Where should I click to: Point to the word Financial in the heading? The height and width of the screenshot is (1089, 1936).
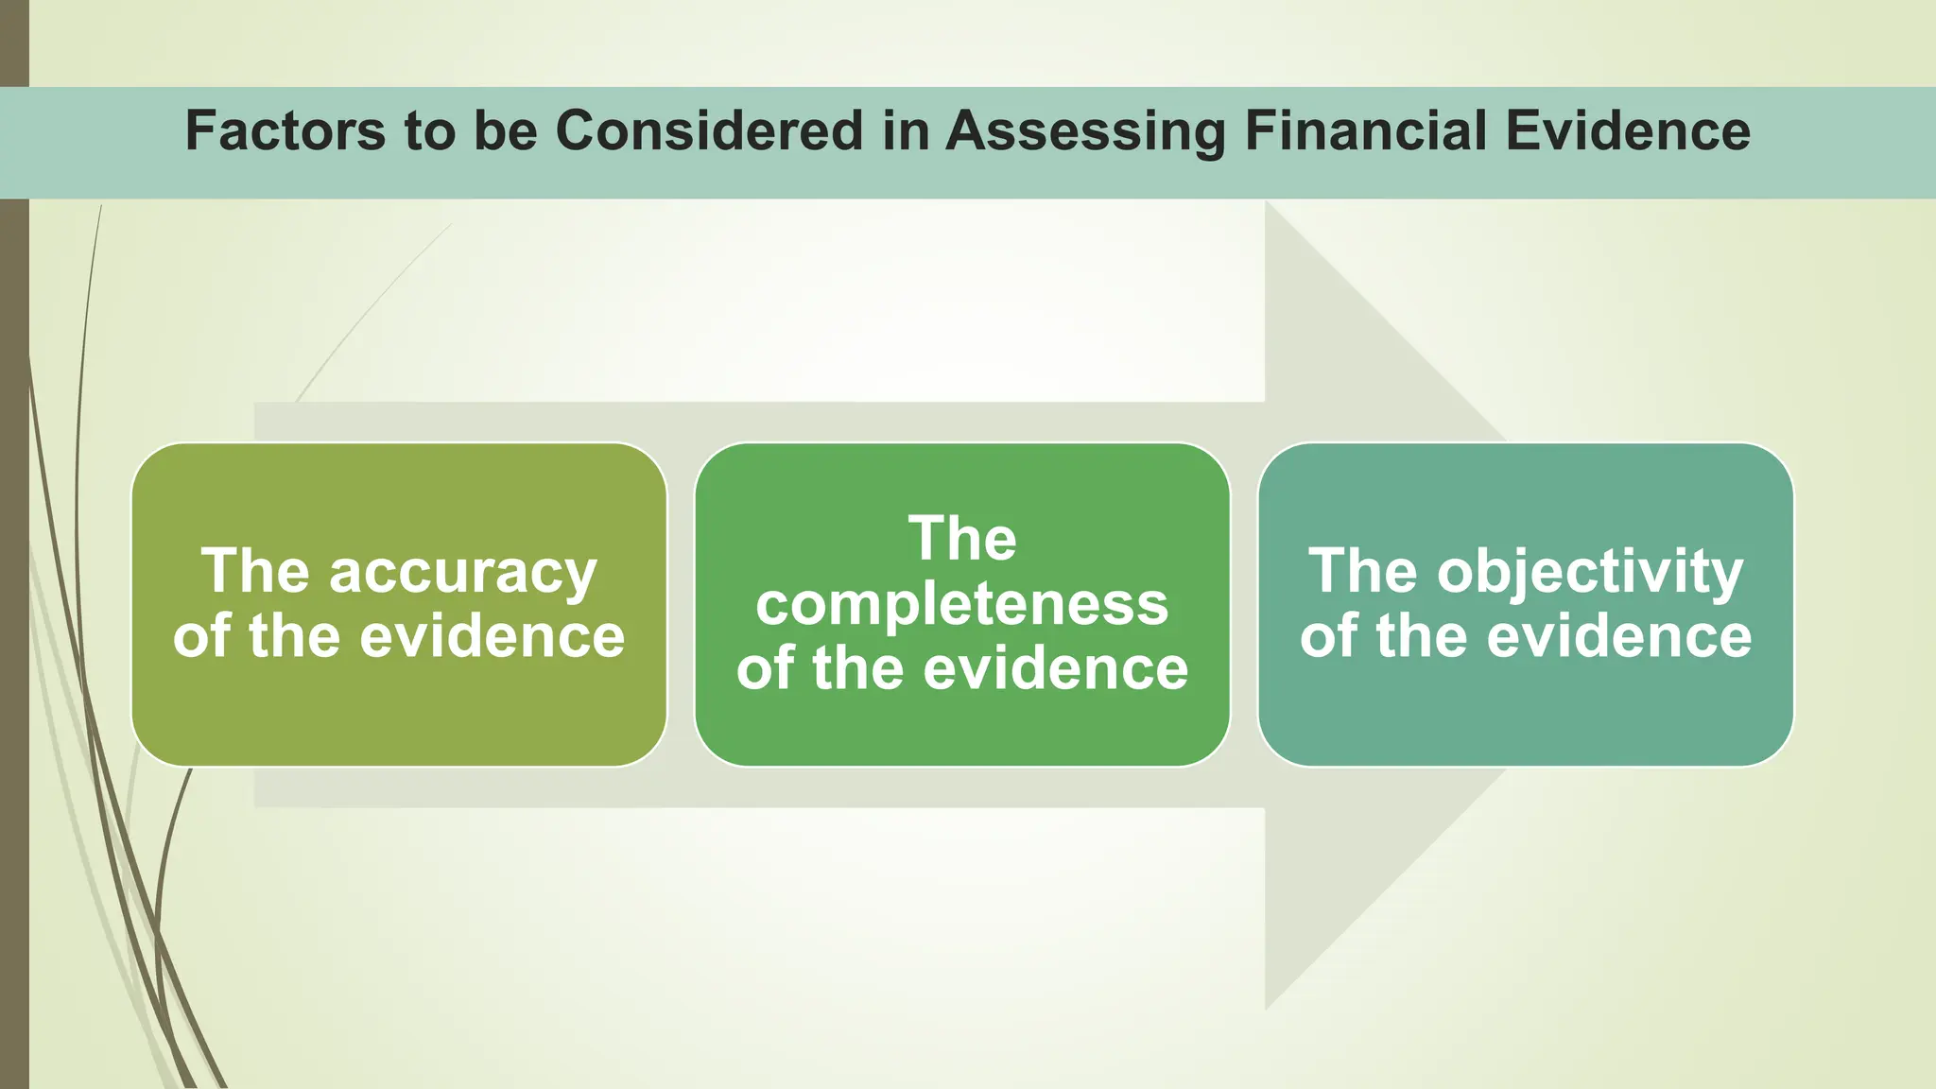pyautogui.click(x=1365, y=130)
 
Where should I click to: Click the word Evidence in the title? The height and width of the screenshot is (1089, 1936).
pyautogui.click(x=1627, y=130)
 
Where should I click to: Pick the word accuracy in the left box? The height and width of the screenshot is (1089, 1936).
pyautogui.click(x=462, y=573)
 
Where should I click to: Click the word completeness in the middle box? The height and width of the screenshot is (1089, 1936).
pyautogui.click(x=962, y=604)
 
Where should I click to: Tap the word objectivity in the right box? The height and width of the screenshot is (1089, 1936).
pyautogui.click(x=1590, y=573)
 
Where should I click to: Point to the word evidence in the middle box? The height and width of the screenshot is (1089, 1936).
pyautogui.click(x=1055, y=668)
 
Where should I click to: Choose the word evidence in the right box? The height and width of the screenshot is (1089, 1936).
pyautogui.click(x=1618, y=636)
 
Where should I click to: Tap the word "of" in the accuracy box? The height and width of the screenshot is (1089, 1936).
pyautogui.click(x=202, y=636)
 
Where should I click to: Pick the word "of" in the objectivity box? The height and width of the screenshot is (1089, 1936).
pyautogui.click(x=1329, y=636)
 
